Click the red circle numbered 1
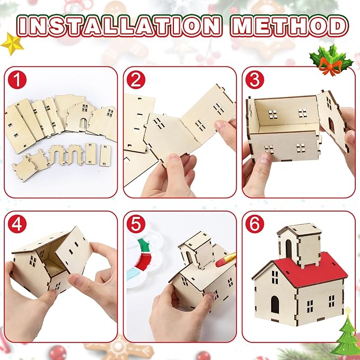coord(18,81)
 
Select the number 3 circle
coord(255,81)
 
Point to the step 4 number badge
coord(18,224)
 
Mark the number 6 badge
coord(255,224)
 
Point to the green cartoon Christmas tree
coord(347,334)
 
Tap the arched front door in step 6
coord(275,304)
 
